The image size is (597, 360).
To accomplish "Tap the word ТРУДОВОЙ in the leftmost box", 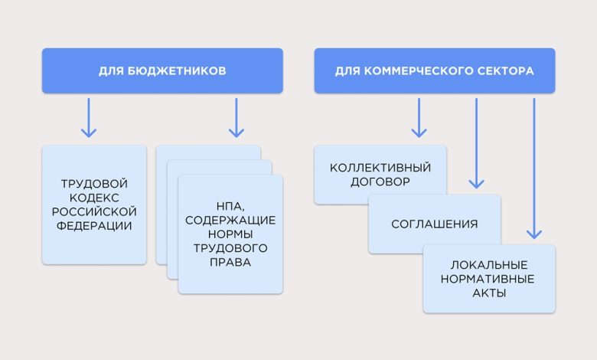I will [x=94, y=184].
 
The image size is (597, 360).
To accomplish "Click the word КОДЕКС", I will [x=94, y=198].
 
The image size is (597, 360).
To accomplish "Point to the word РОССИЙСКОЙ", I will [x=94, y=211].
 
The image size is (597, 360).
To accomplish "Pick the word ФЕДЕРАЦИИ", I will [x=94, y=226].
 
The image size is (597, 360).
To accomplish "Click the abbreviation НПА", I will [x=230, y=206].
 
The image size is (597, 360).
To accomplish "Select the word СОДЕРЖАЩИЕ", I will [x=230, y=220].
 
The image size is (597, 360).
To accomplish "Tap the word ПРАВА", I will [x=230, y=262].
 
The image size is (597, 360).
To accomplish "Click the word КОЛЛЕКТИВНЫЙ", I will [x=380, y=168].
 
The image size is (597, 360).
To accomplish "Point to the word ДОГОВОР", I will [x=380, y=182].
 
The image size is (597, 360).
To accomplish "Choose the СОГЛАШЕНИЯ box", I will [x=434, y=224].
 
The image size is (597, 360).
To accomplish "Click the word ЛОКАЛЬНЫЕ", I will [x=489, y=264].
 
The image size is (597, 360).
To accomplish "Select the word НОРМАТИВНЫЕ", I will [x=489, y=279].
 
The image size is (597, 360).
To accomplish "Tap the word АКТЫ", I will [x=489, y=293].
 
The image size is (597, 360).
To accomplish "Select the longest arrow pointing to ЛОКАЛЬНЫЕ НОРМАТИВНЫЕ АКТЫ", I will [x=534, y=169].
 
